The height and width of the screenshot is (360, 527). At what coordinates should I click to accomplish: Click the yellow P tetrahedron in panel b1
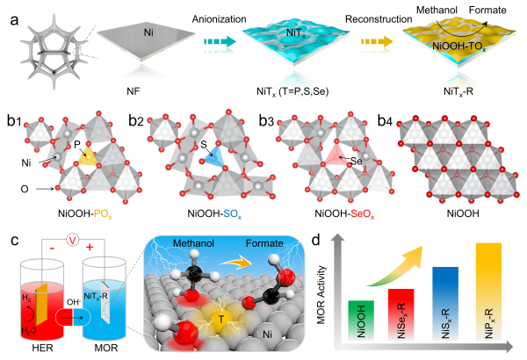click(88, 156)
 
